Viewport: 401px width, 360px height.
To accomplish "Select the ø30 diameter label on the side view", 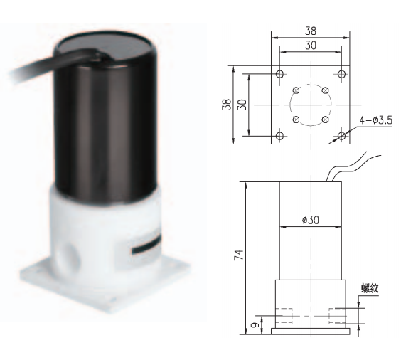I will coord(310,220).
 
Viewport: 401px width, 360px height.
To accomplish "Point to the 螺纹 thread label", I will coord(370,288).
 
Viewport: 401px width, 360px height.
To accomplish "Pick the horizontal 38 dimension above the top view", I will coord(311,32).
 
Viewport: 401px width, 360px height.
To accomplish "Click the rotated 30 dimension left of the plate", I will coord(241,104).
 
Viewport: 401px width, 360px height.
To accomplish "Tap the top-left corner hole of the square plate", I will coord(280,74).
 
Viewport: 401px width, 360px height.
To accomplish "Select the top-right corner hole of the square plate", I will coord(341,74).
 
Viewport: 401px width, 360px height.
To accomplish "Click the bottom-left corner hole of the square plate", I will coord(280,135).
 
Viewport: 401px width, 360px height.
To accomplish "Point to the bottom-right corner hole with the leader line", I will coord(341,135).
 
